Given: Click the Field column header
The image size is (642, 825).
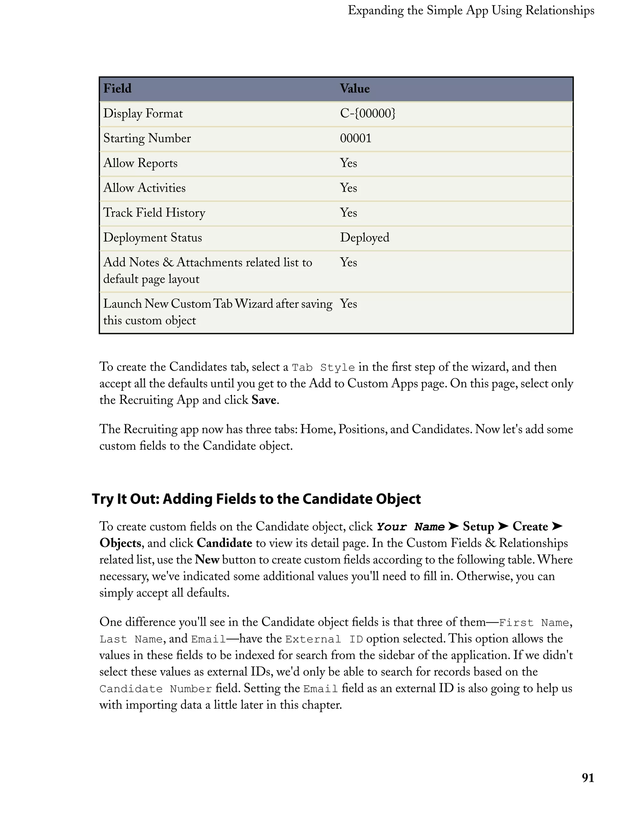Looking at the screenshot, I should coord(118,89).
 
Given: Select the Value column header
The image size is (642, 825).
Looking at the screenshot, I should coord(355,89).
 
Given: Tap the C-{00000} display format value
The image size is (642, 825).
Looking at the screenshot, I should coord(367,113).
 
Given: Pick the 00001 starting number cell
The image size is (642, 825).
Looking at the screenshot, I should coord(355,138).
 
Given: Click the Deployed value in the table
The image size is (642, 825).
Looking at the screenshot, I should coord(364,238).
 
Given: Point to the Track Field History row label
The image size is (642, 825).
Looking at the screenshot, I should coord(154,213).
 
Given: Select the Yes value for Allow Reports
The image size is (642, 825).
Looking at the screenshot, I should coord(348,163).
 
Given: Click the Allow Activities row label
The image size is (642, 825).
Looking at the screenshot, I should coord(144,188).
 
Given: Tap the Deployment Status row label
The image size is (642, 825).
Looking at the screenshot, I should coord(153,238).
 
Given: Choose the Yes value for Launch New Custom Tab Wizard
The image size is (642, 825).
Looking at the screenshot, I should coord(348,304).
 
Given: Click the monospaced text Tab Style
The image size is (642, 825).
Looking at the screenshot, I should coord(324,368).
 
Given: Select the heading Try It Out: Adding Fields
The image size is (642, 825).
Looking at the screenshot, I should coord(256,499).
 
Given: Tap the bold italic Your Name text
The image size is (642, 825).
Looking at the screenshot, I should coord(411,527).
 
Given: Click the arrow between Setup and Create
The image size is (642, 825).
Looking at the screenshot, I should coord(503,526).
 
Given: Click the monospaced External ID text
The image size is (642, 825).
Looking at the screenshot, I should coord(324,639).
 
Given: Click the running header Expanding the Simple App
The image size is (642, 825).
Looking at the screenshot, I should coord(471,11).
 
